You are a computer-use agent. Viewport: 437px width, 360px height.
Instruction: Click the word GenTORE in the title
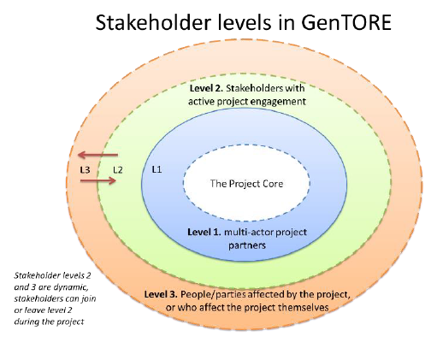click(x=346, y=23)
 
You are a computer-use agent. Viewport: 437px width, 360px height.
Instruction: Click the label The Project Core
click(x=246, y=184)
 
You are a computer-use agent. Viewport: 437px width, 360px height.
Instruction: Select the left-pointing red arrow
click(x=97, y=155)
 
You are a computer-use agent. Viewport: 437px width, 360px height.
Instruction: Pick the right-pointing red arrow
click(x=98, y=180)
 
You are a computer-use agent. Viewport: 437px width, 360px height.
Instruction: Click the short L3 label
click(x=85, y=170)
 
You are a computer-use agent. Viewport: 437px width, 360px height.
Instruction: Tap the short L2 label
click(x=118, y=170)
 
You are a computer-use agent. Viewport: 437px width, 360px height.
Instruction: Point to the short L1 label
click(x=156, y=169)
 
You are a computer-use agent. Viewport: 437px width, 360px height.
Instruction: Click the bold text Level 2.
click(x=206, y=88)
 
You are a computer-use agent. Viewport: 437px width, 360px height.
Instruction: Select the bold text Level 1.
click(x=204, y=232)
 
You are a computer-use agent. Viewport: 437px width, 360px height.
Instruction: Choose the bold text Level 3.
click(x=161, y=294)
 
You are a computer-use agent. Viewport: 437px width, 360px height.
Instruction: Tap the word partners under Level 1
click(x=247, y=245)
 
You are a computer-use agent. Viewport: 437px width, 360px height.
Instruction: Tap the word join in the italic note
click(x=89, y=299)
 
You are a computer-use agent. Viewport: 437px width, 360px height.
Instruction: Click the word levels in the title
click(x=244, y=22)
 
